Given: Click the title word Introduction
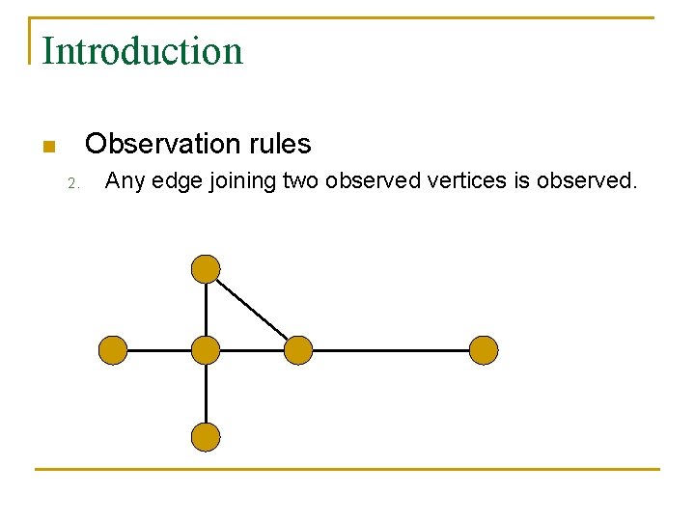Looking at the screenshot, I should click(142, 50).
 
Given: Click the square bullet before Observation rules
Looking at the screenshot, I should click(48, 147).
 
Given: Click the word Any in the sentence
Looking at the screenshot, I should click(124, 180).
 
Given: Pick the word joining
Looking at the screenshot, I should click(244, 180).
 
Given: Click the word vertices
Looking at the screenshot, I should click(459, 179).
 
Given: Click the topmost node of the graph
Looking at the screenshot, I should click(206, 268).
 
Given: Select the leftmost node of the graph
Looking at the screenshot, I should click(113, 350).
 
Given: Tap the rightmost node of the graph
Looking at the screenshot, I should click(484, 350).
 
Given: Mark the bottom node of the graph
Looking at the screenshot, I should click(206, 437).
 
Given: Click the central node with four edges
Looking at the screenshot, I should click(206, 350).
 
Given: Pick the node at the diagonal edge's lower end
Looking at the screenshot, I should click(298, 350).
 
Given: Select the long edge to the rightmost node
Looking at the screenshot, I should click(391, 350).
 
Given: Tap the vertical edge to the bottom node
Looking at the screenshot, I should click(206, 394).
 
